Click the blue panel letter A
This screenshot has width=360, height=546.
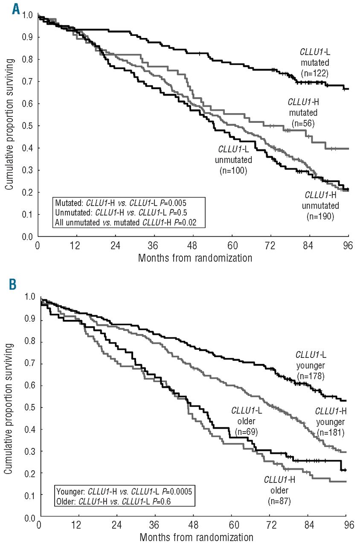click(15, 8)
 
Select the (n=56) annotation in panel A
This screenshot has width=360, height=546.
click(302, 122)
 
